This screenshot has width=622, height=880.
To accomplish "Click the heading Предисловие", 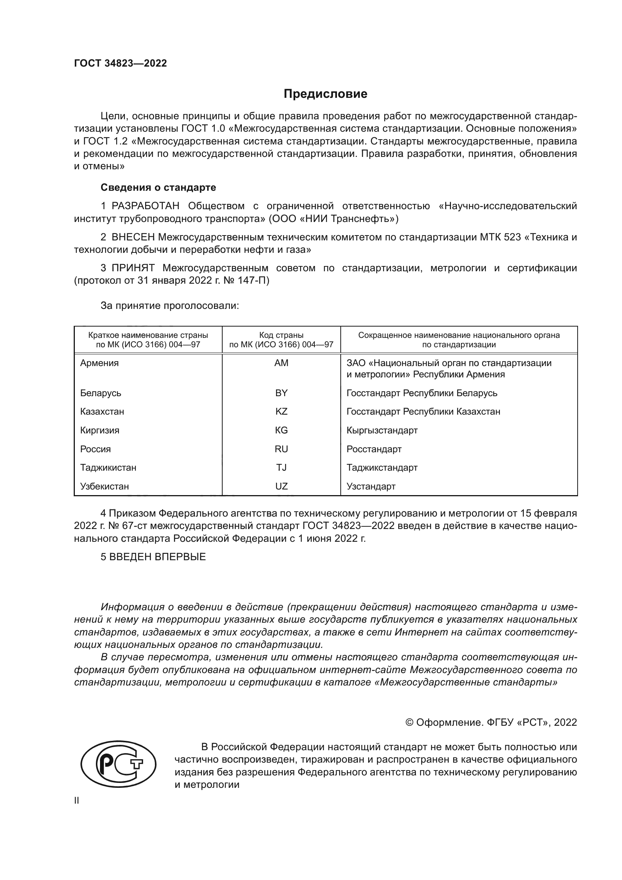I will pyautogui.click(x=325, y=94).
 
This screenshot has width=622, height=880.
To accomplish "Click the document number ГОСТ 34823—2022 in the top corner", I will pyautogui.click(x=120, y=64).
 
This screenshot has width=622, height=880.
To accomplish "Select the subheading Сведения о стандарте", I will pyautogui.click(x=158, y=187).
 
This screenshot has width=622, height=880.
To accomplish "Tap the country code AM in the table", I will pyautogui.click(x=281, y=363).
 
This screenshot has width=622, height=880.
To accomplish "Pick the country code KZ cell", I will pyautogui.click(x=281, y=412).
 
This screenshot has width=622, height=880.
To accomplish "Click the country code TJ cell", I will pyautogui.click(x=281, y=468).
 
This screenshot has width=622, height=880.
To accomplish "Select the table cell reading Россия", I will pyautogui.click(x=96, y=449).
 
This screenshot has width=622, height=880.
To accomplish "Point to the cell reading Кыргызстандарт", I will pyautogui.click(x=382, y=430).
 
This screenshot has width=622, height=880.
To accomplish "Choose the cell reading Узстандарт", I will pyautogui.click(x=371, y=486).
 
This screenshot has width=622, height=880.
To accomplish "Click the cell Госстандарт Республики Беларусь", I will pyautogui.click(x=422, y=393).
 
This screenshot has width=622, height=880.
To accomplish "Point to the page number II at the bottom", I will pyautogui.click(x=77, y=800).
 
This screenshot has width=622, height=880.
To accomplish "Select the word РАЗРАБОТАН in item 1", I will pyautogui.click(x=145, y=206).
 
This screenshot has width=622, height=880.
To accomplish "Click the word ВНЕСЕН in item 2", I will pyautogui.click(x=133, y=237).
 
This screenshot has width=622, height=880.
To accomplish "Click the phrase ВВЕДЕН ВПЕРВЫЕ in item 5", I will pyautogui.click(x=158, y=557).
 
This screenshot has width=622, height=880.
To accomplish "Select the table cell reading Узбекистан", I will pyautogui.click(x=104, y=486).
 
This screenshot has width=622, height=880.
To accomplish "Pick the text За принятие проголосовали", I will pyautogui.click(x=170, y=306).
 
